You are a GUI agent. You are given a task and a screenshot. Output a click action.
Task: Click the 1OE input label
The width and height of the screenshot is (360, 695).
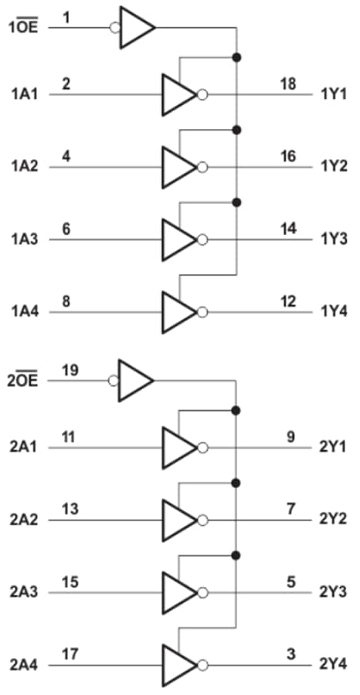click(23, 29)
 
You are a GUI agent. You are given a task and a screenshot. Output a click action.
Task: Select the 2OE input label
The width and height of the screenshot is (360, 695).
click(23, 381)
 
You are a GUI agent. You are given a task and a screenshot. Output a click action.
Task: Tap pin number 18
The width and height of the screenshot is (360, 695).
click(287, 83)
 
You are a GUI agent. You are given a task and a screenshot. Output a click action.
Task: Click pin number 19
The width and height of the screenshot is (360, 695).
click(70, 369)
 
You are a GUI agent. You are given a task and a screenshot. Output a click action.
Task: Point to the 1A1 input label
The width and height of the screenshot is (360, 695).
click(25, 94)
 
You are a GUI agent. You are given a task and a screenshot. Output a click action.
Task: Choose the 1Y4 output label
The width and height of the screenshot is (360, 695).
click(333, 312)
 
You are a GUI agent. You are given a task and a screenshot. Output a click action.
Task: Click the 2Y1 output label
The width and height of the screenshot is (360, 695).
click(333, 447)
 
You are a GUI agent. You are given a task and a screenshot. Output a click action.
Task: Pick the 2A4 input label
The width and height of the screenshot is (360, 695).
click(25, 665)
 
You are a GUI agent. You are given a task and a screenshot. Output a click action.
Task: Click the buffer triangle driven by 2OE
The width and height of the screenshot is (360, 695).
click(135, 380)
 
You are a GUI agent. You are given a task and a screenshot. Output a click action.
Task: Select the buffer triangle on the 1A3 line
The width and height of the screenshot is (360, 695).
click(178, 239)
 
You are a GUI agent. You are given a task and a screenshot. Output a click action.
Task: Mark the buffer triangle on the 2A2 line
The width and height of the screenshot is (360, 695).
click(178, 520)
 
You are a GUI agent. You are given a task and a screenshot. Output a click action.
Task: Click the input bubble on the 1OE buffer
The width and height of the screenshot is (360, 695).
click(114, 29)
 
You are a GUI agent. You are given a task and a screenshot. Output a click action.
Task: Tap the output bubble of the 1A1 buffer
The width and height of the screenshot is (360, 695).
click(202, 95)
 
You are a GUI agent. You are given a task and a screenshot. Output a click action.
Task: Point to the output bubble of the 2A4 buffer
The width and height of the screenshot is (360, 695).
click(202, 666)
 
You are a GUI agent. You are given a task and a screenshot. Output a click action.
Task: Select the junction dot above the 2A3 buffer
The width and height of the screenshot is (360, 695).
click(236, 554)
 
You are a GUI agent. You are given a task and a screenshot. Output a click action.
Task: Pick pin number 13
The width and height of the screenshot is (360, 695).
click(69, 508)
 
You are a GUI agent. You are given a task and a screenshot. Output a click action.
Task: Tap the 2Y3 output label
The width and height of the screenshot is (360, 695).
click(333, 592)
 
